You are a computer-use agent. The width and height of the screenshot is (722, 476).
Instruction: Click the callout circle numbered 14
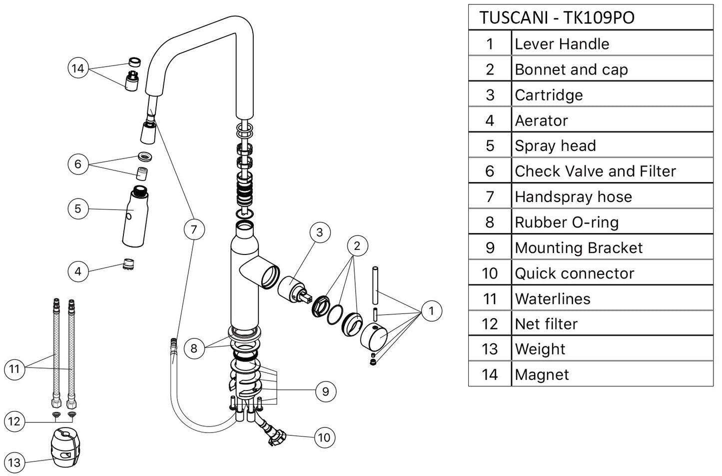point(77,68)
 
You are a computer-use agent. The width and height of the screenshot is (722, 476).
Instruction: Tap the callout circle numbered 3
point(319,232)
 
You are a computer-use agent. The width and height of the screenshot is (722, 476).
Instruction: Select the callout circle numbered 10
point(324,438)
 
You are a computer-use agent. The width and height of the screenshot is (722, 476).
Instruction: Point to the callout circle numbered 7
point(194,229)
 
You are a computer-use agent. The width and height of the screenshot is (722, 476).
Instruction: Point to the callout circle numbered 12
point(14,421)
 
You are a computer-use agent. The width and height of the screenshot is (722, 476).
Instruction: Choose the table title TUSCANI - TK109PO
point(557,17)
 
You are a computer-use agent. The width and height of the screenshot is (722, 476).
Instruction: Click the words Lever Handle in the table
point(562,44)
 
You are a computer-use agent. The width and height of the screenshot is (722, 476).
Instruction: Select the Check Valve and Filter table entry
point(595,171)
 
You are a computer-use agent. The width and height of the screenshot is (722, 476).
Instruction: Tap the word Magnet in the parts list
point(542,374)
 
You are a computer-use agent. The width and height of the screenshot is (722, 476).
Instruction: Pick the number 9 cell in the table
point(490,248)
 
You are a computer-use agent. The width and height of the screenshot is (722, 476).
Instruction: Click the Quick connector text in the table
point(574,273)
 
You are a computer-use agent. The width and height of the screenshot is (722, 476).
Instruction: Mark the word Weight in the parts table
point(540,349)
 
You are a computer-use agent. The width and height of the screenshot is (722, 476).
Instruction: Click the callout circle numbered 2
point(357,245)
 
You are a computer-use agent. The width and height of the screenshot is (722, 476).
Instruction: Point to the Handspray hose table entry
point(573,197)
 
